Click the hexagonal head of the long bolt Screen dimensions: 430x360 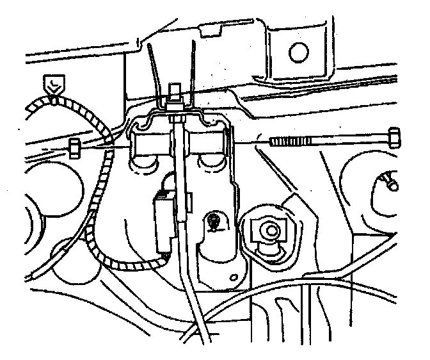pos(394,137)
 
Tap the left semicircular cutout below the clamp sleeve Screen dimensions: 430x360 pos(145,166)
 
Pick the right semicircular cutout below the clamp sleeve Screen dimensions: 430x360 pos(211,166)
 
